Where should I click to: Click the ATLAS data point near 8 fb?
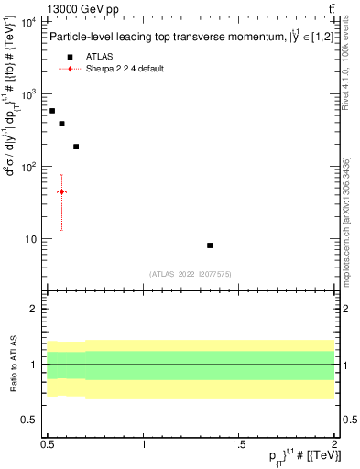(x=210, y=245)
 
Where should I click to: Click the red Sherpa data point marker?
(x=61, y=191)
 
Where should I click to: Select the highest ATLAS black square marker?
(x=52, y=110)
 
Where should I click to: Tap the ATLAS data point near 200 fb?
(x=76, y=147)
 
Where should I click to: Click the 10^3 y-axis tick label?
(x=27, y=94)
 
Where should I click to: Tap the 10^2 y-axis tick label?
(x=27, y=167)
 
